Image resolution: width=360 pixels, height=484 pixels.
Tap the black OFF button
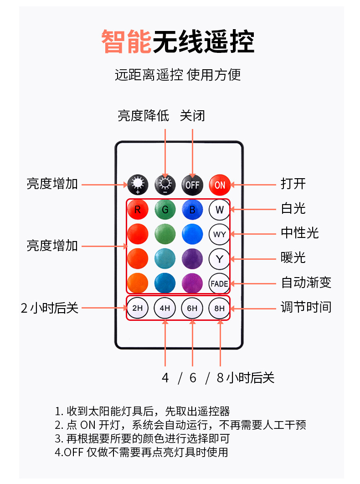click(x=192, y=185)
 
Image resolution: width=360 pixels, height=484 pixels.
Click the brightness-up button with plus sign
click(x=137, y=185)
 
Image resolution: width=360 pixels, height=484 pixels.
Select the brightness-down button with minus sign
click(x=165, y=185)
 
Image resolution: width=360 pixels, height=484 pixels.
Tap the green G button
click(x=165, y=210)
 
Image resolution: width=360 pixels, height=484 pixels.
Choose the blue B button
click(x=192, y=210)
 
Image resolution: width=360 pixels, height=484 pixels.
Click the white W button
click(x=220, y=210)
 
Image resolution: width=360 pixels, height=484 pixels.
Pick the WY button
click(x=220, y=235)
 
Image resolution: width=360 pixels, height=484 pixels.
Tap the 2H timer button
click(x=137, y=308)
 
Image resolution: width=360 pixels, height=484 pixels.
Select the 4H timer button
click(x=165, y=308)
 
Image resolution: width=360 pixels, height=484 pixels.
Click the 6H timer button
click(x=192, y=308)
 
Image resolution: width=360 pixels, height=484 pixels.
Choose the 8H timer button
click(x=220, y=308)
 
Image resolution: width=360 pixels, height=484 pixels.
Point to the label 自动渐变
click(x=306, y=283)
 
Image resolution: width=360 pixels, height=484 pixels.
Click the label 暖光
click(x=293, y=258)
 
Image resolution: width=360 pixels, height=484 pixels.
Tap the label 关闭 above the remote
click(x=192, y=116)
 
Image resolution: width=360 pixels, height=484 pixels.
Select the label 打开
click(x=293, y=184)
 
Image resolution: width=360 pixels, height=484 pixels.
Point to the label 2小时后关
click(x=50, y=308)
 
